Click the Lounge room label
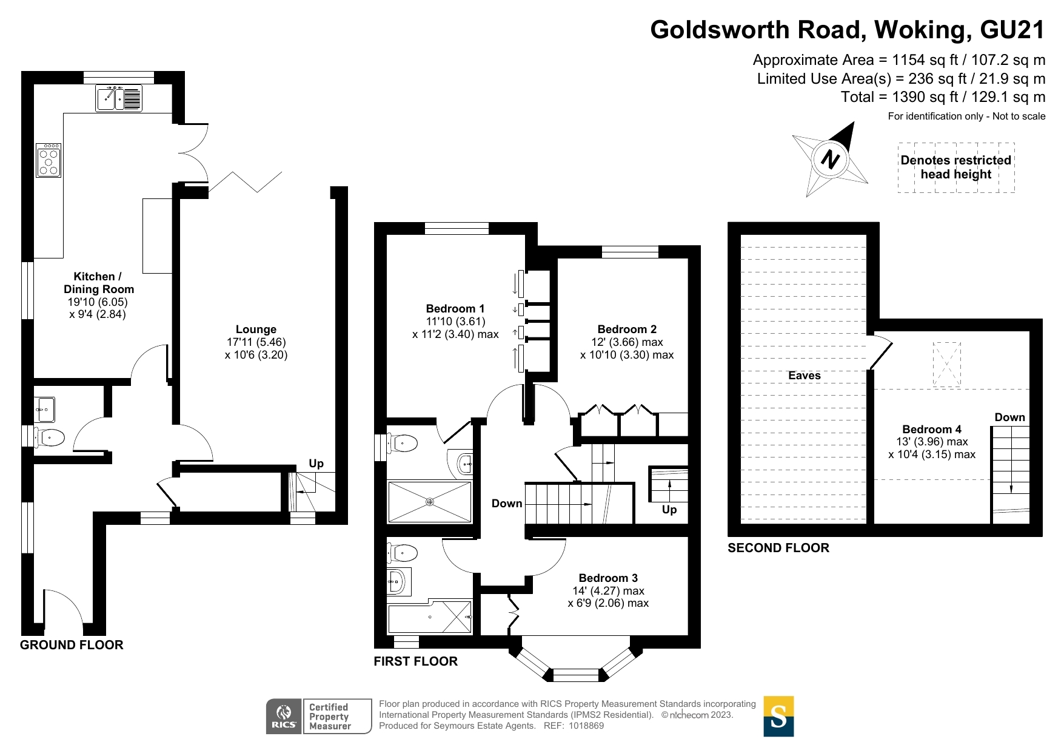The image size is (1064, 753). coord(256,329)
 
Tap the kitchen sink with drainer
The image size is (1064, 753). coord(119,98)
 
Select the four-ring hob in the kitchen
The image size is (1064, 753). coord(49,160)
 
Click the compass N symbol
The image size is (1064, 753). coord(830,159)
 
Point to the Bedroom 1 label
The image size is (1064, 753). coord(455,309)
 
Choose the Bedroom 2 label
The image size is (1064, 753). coord(627,329)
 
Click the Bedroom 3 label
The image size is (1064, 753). coord(608,578)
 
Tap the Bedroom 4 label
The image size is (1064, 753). coord(932,430)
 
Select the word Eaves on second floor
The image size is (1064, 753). coord(805,376)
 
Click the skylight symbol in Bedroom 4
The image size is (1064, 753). coord(946,364)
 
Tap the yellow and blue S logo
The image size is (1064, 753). coord(778,716)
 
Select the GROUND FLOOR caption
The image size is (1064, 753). coord(72,645)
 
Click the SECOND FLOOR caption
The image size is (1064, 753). coord(778,548)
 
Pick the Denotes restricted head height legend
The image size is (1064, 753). coord(956,167)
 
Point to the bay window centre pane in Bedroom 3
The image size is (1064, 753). coord(576,675)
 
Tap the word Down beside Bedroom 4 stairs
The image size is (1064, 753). coord(1010,417)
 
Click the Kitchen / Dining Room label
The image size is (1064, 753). coord(98,283)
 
